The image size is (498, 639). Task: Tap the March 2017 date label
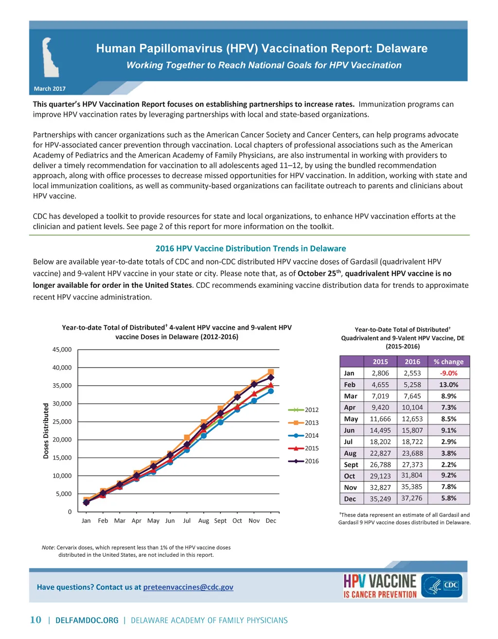pyautogui.click(x=50, y=89)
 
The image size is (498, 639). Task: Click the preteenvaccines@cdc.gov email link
pyautogui.click(x=188, y=587)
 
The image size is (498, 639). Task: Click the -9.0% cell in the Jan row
pyautogui.click(x=448, y=373)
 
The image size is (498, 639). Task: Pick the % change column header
pyautogui.click(x=448, y=361)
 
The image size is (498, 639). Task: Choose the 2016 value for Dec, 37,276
pyautogui.click(x=412, y=498)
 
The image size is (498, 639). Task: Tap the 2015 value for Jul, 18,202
pyautogui.click(x=380, y=442)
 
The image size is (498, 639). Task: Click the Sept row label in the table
pyautogui.click(x=351, y=464)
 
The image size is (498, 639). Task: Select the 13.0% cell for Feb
pyautogui.click(x=448, y=384)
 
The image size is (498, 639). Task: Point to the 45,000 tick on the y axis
pyautogui.click(x=62, y=350)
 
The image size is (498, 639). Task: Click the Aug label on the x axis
pyautogui.click(x=203, y=521)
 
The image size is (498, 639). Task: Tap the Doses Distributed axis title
pyautogui.click(x=46, y=431)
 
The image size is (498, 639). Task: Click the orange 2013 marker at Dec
pyautogui.click(x=271, y=372)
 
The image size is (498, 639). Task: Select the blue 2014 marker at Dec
pyautogui.click(x=271, y=391)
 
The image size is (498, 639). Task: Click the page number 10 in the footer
pyautogui.click(x=36, y=620)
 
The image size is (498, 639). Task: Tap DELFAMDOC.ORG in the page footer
pyautogui.click(x=87, y=621)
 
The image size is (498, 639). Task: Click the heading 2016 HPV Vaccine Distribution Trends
pyautogui.click(x=250, y=248)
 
